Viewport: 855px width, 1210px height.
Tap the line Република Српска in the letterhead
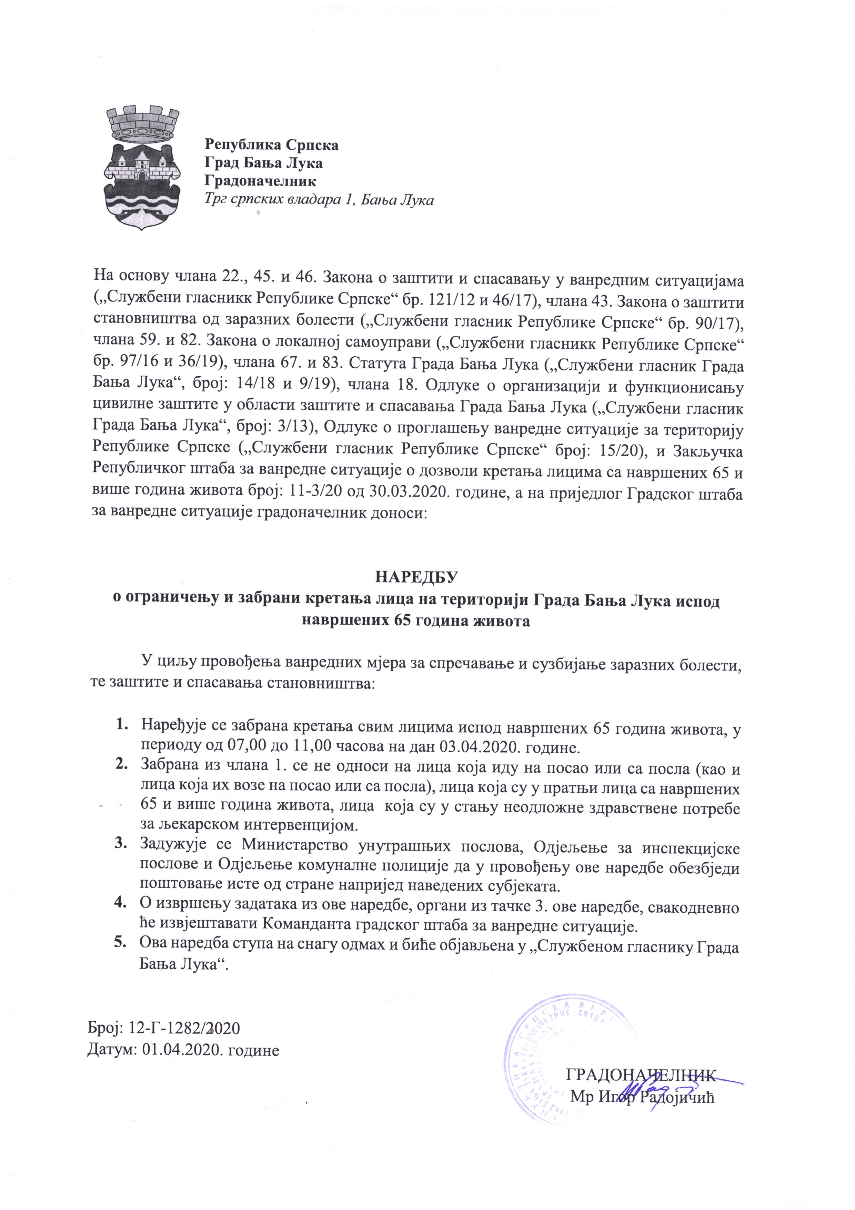click(271, 145)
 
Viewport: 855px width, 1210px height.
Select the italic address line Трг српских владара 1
click(319, 200)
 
